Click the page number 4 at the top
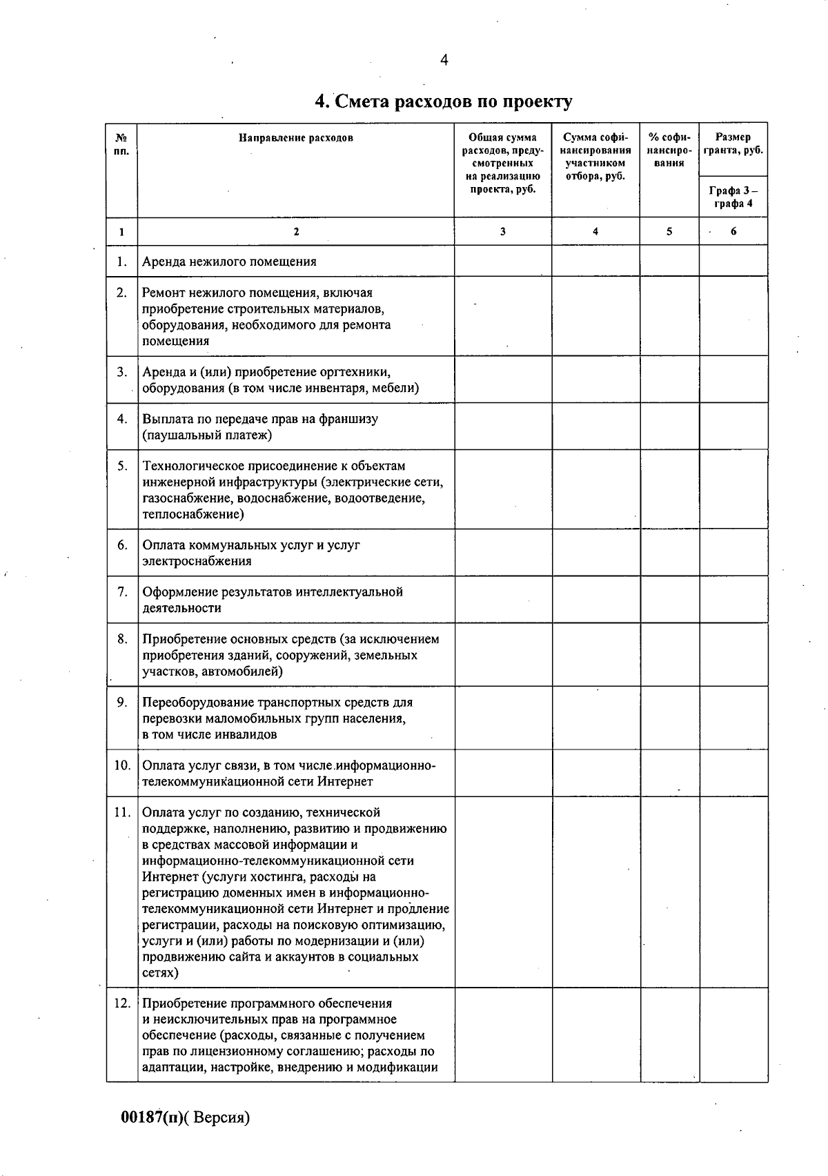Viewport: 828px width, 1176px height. (444, 61)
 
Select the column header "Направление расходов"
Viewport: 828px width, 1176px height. (296, 137)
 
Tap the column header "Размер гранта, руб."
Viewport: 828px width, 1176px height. (733, 144)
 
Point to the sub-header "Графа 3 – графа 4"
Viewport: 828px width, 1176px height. (733, 197)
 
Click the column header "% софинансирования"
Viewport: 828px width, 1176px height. (669, 150)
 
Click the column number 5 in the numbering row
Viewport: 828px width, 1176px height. (669, 232)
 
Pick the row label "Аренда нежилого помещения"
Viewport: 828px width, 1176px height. (229, 262)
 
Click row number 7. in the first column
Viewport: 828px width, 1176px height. (122, 591)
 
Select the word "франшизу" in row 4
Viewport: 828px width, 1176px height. (348, 419)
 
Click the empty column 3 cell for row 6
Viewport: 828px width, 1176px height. (502, 552)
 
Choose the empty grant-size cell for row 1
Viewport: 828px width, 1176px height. (733, 261)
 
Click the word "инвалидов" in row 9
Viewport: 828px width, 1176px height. (249, 735)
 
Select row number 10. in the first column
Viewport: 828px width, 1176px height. (122, 765)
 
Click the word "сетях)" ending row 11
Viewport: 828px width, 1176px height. (160, 973)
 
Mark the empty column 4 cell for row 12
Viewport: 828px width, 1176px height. (595, 1034)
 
